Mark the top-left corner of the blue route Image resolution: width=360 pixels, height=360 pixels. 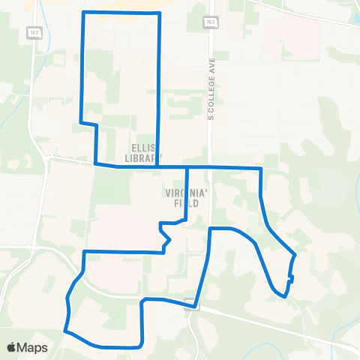[82, 13]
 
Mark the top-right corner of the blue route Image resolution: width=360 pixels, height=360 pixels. [160, 13]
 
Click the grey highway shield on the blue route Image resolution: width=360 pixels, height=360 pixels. [194, 306]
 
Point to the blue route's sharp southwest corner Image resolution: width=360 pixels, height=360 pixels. [65, 330]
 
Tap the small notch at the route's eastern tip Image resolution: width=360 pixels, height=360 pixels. [290, 279]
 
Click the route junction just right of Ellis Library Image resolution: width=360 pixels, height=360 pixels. [159, 166]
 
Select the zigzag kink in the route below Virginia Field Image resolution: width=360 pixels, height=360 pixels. [166, 237]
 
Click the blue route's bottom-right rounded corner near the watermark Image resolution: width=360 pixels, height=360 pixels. [140, 344]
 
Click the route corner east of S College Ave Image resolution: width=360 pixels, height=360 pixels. [260, 169]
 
